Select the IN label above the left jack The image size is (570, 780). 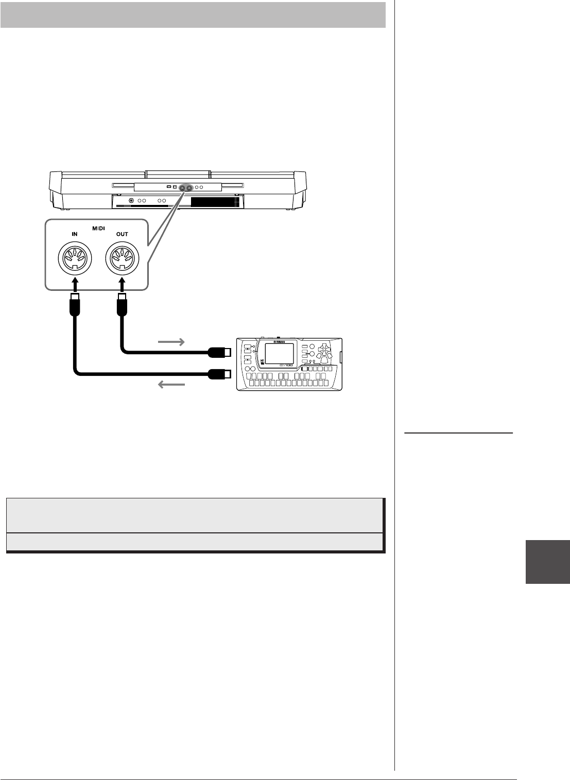(75, 234)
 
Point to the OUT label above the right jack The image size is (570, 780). (122, 234)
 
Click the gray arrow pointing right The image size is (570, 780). (172, 342)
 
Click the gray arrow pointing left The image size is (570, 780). (172, 384)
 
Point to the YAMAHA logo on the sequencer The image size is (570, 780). (279, 340)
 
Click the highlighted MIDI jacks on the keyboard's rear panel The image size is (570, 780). (186, 188)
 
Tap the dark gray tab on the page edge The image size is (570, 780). (547, 562)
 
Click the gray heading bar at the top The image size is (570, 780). (193, 14)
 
